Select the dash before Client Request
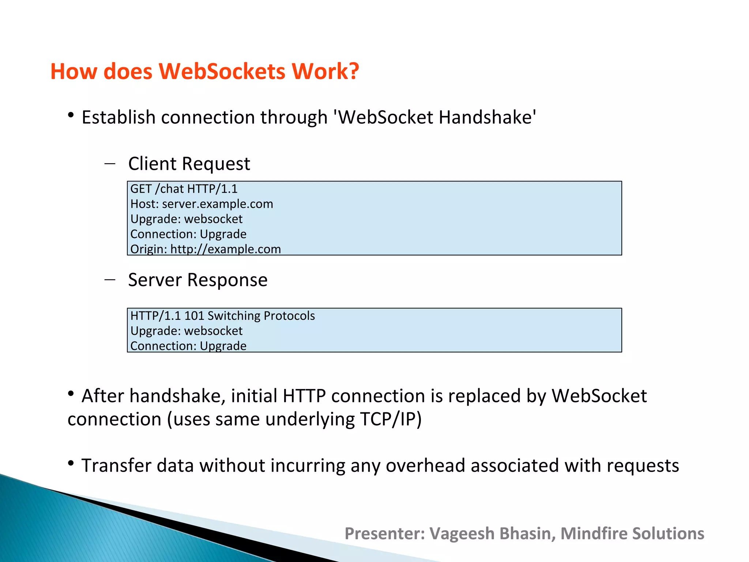pos(110,163)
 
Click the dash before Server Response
pos(110,280)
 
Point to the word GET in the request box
pos(141,189)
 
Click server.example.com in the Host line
pos(217,204)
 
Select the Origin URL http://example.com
pos(225,249)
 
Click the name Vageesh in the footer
pos(462,533)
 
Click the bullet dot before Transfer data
pos(71,464)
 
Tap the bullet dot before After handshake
pos(71,394)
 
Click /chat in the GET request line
pos(169,189)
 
